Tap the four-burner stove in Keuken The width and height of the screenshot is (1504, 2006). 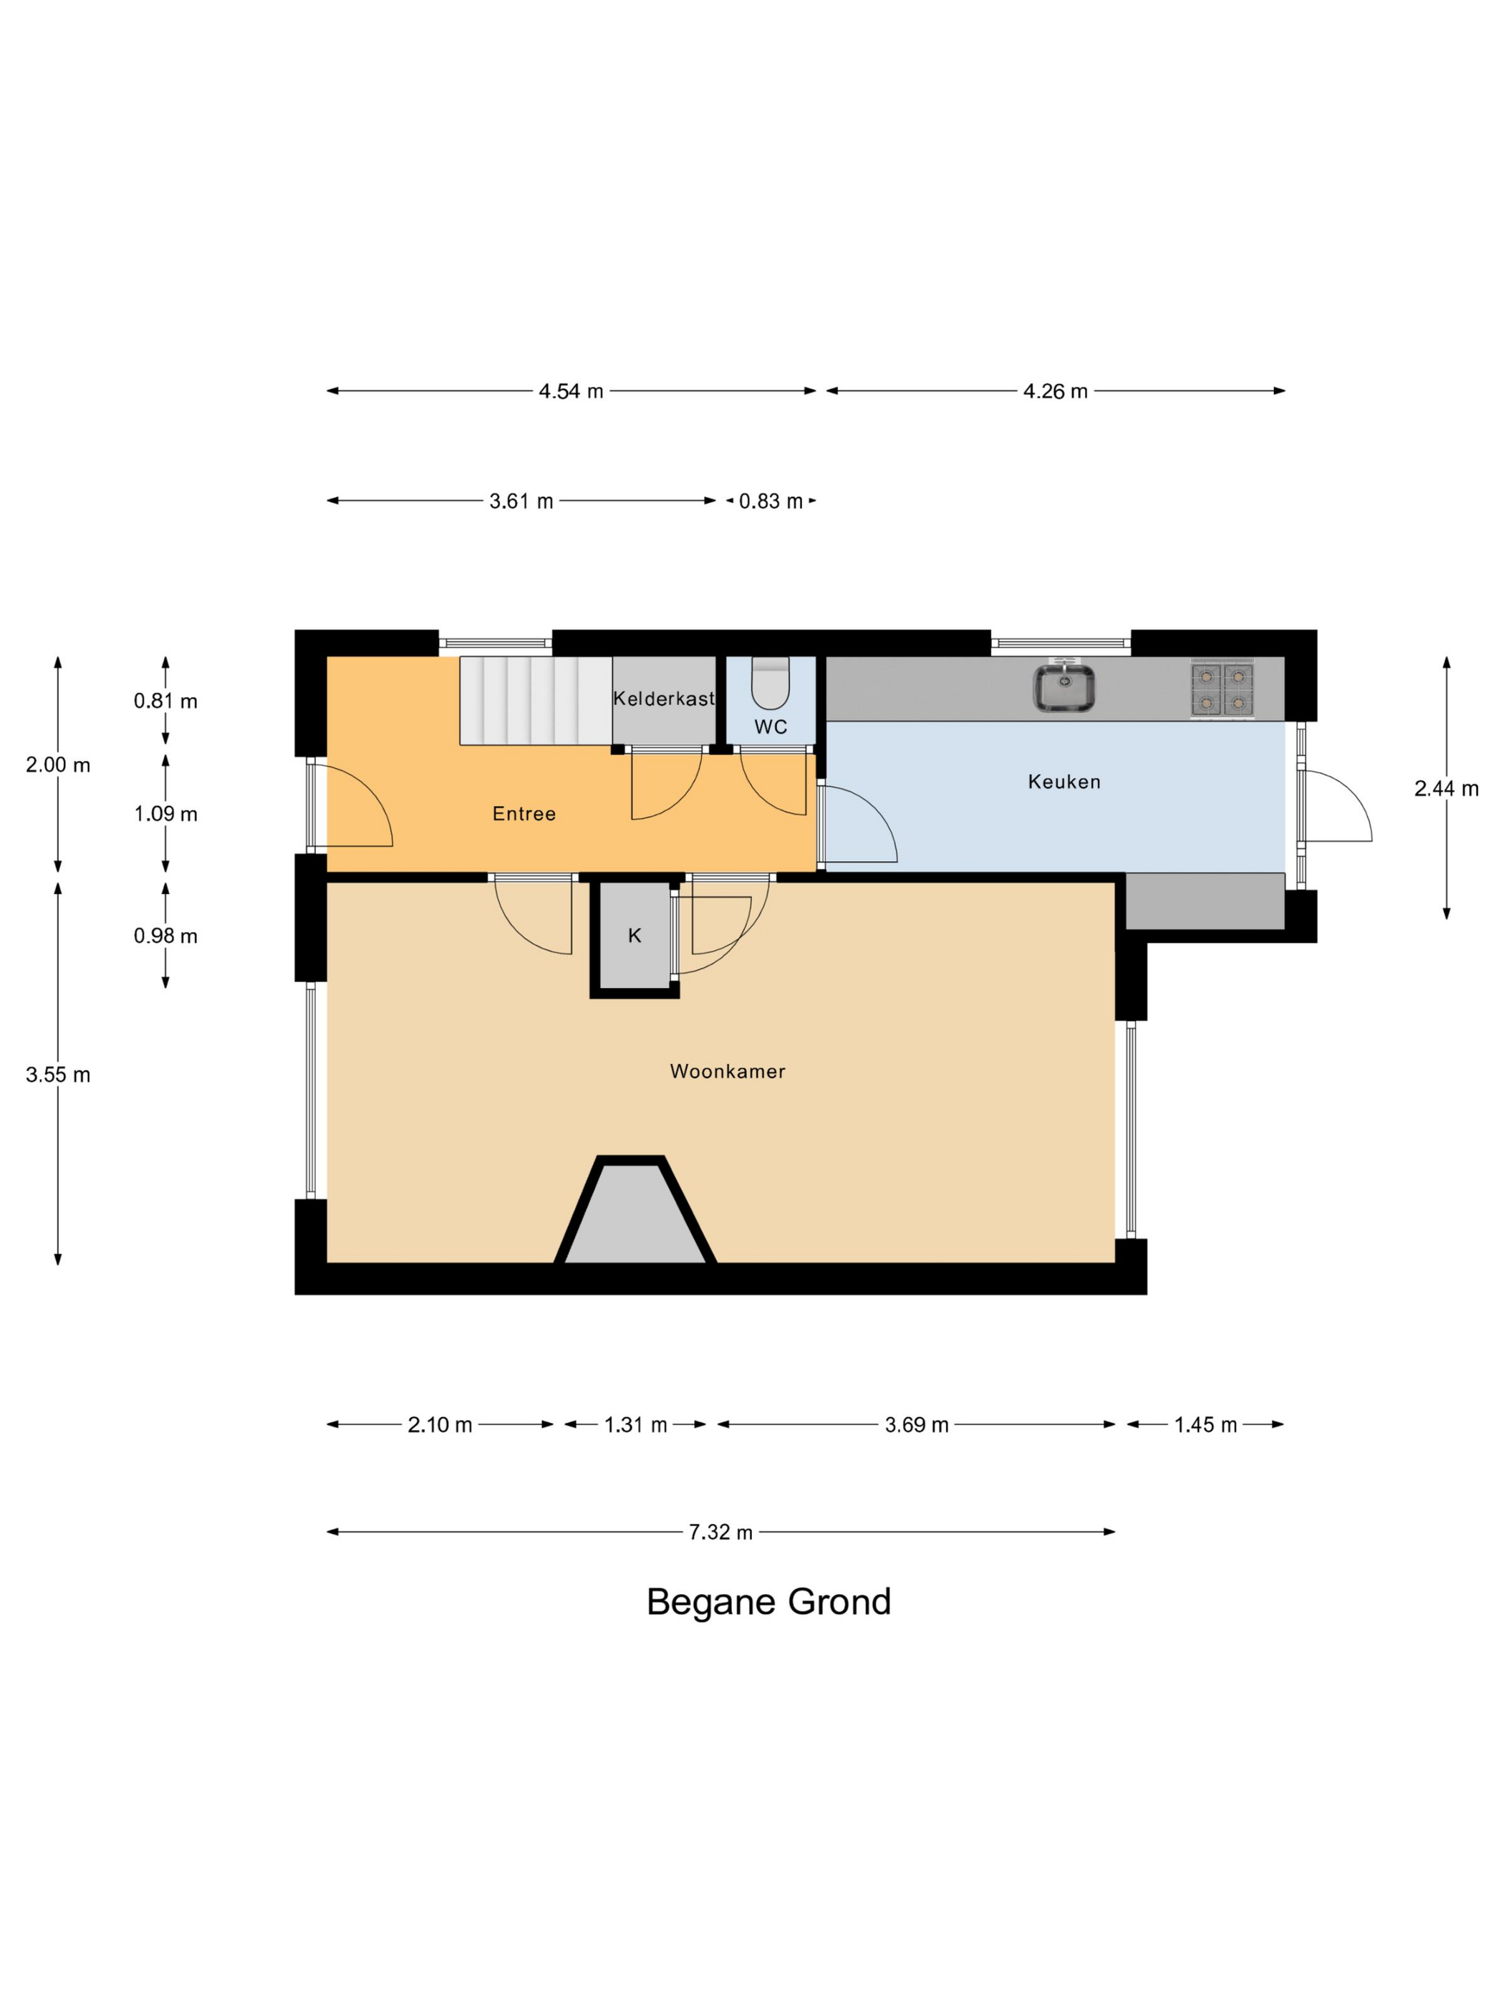tap(1221, 689)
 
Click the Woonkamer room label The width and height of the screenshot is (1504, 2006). tap(727, 1071)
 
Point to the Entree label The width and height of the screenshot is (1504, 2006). tap(524, 813)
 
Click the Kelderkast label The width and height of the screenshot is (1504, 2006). tap(664, 699)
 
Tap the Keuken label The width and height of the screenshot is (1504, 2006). tap(1064, 782)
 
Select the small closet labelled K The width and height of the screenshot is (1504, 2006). tap(634, 936)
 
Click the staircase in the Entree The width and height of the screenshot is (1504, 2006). tap(535, 700)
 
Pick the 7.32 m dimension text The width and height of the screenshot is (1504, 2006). tap(720, 1532)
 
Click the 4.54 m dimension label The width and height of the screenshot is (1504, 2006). tap(571, 391)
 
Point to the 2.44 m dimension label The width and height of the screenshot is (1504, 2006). tap(1446, 789)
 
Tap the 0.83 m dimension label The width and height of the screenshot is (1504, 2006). tap(771, 501)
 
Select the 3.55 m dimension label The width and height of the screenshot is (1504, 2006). tap(58, 1075)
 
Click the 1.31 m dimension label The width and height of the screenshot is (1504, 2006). tap(635, 1425)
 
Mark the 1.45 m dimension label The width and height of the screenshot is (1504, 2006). tap(1205, 1425)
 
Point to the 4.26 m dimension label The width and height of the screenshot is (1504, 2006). tap(1055, 391)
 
